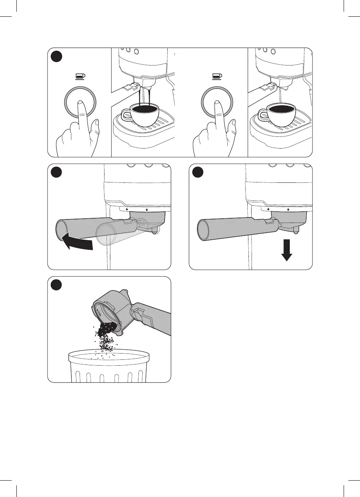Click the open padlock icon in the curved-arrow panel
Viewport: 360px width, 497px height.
[127, 209]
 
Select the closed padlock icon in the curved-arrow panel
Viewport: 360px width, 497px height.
[146, 209]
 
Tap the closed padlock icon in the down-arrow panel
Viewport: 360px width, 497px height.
[288, 209]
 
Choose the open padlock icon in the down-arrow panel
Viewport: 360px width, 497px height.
[269, 209]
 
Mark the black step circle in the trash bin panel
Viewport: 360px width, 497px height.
[57, 285]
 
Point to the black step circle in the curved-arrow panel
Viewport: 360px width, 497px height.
[57, 173]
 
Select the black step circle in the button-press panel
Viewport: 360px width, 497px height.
[57, 57]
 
